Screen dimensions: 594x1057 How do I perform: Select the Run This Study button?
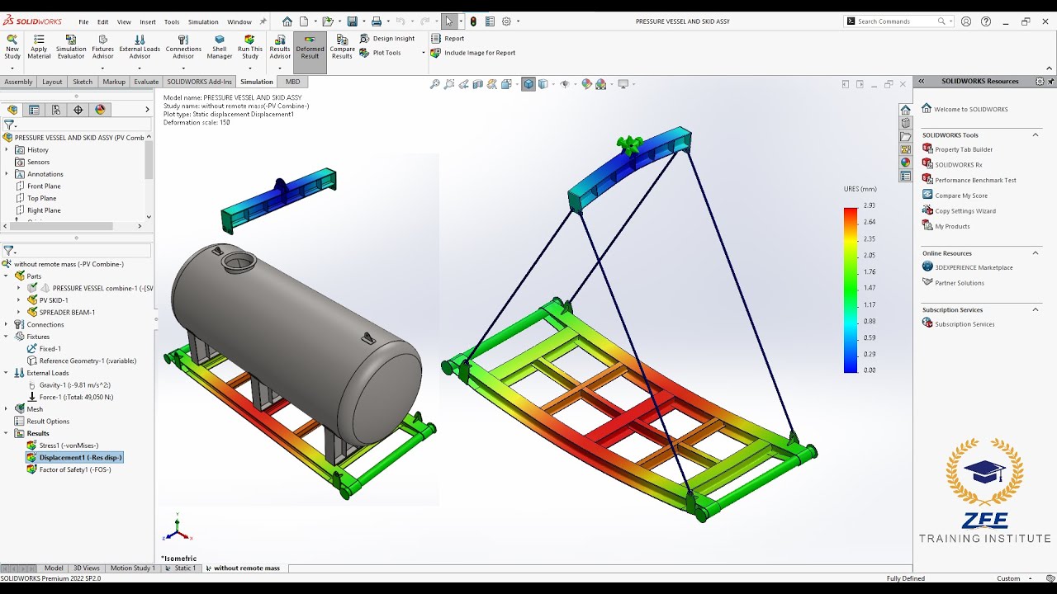(249, 48)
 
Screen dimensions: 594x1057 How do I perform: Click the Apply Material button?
(39, 48)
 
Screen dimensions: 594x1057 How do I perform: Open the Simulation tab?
(256, 82)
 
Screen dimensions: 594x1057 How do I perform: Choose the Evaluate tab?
(146, 82)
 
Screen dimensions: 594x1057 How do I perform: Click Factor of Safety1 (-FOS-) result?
(74, 469)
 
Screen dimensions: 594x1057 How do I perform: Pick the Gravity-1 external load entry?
(74, 385)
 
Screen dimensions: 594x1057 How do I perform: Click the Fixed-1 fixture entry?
(50, 349)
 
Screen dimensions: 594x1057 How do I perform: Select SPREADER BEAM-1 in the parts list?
(67, 313)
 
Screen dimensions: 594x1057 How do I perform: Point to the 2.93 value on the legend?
(869, 205)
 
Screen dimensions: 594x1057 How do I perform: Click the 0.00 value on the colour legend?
(869, 370)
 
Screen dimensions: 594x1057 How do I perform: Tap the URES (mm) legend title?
(860, 189)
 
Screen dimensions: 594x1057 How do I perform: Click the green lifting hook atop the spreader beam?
(630, 146)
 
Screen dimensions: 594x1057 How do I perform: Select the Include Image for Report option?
(479, 53)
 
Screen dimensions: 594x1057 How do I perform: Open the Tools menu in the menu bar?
(172, 22)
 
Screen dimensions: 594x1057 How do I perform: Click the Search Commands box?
(896, 21)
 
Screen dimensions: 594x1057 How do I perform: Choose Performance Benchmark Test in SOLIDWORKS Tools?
(975, 180)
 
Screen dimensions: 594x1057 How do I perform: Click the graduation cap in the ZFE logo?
(984, 473)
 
